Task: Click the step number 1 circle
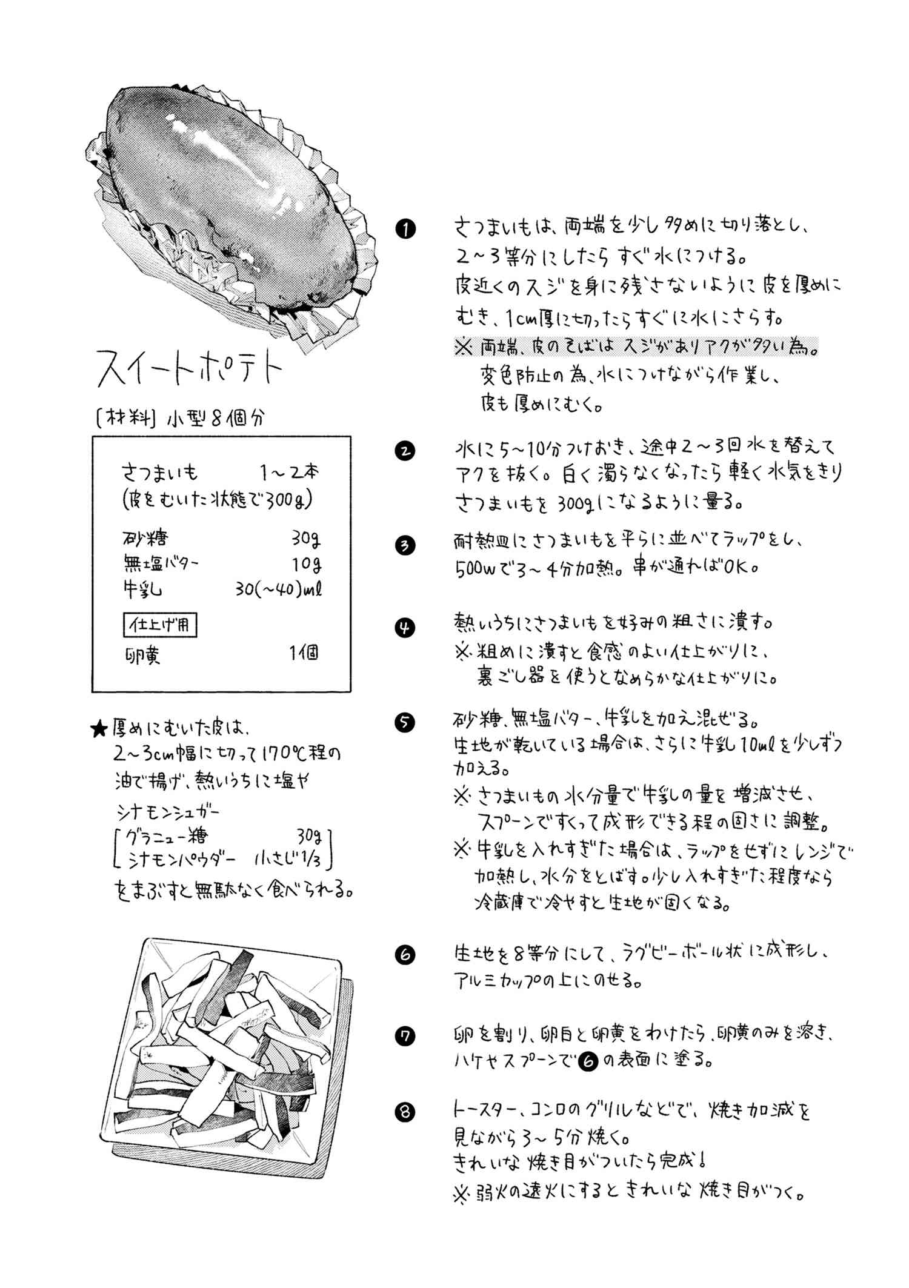pos(405,229)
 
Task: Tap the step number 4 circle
pos(405,627)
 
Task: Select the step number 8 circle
pos(405,1112)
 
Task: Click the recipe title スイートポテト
pos(190,368)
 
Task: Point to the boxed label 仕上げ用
pos(160,625)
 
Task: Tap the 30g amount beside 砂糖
pos(305,538)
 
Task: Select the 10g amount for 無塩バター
pos(306,564)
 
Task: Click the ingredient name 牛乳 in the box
pos(142,589)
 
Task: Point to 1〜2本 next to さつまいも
pos(289,471)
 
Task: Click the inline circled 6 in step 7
pos(587,1061)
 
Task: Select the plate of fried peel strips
pos(221,1054)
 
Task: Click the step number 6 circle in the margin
pos(405,955)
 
